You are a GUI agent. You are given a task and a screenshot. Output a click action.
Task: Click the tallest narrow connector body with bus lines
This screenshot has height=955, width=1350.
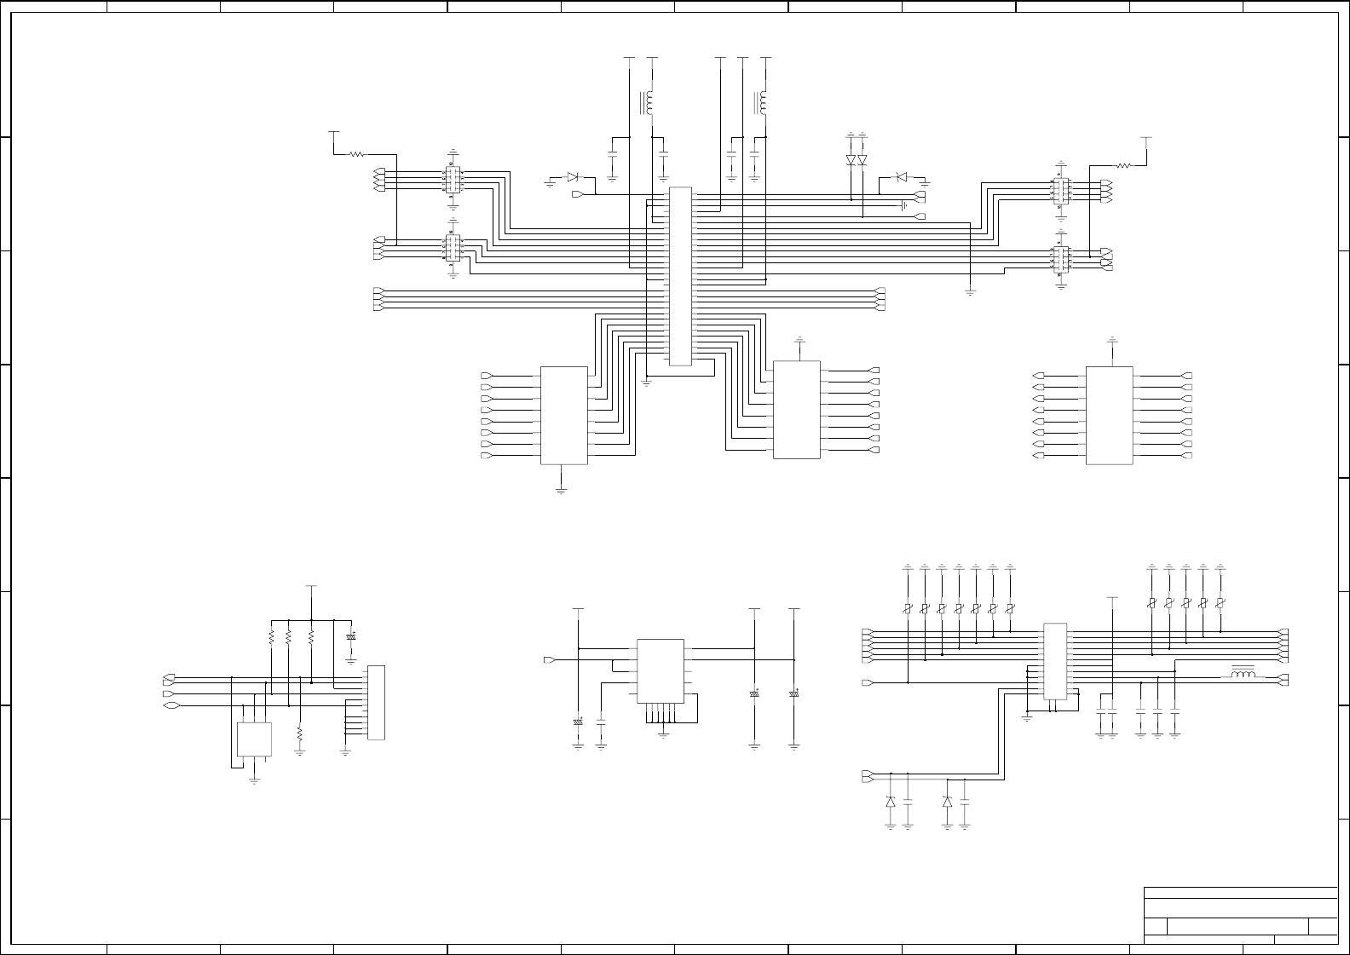(679, 276)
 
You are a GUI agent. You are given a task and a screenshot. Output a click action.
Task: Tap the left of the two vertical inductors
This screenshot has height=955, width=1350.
(649, 103)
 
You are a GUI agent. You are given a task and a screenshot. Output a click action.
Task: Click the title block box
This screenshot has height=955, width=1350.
(1240, 916)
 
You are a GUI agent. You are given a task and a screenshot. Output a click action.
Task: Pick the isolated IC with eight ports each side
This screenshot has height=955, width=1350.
(1109, 416)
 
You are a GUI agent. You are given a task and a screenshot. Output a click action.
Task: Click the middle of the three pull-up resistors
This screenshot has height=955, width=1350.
(290, 637)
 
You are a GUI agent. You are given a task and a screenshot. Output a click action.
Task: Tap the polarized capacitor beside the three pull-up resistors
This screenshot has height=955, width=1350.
(350, 637)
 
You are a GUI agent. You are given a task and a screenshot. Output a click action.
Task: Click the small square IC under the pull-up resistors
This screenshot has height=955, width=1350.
(254, 739)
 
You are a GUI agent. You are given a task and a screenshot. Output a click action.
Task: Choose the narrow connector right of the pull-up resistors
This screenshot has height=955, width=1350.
(376, 702)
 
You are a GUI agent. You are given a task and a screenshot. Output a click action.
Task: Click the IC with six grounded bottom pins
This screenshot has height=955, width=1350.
(661, 671)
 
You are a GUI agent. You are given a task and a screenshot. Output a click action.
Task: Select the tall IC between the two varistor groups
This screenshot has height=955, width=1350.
(1055, 662)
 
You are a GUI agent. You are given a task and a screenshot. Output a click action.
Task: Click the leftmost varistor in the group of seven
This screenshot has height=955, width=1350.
(909, 608)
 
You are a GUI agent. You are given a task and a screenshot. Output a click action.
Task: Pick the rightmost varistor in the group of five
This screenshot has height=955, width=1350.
(1220, 603)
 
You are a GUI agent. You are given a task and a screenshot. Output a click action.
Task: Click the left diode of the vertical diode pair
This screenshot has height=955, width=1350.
(851, 160)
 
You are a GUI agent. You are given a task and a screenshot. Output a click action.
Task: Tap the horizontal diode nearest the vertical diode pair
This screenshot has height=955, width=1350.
(900, 176)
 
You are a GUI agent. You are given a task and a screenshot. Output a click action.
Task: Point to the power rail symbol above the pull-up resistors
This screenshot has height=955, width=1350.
(312, 587)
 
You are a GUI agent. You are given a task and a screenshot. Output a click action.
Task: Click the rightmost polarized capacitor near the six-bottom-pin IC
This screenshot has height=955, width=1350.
(794, 694)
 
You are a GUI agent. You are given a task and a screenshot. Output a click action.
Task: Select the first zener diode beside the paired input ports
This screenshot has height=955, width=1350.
(891, 802)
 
